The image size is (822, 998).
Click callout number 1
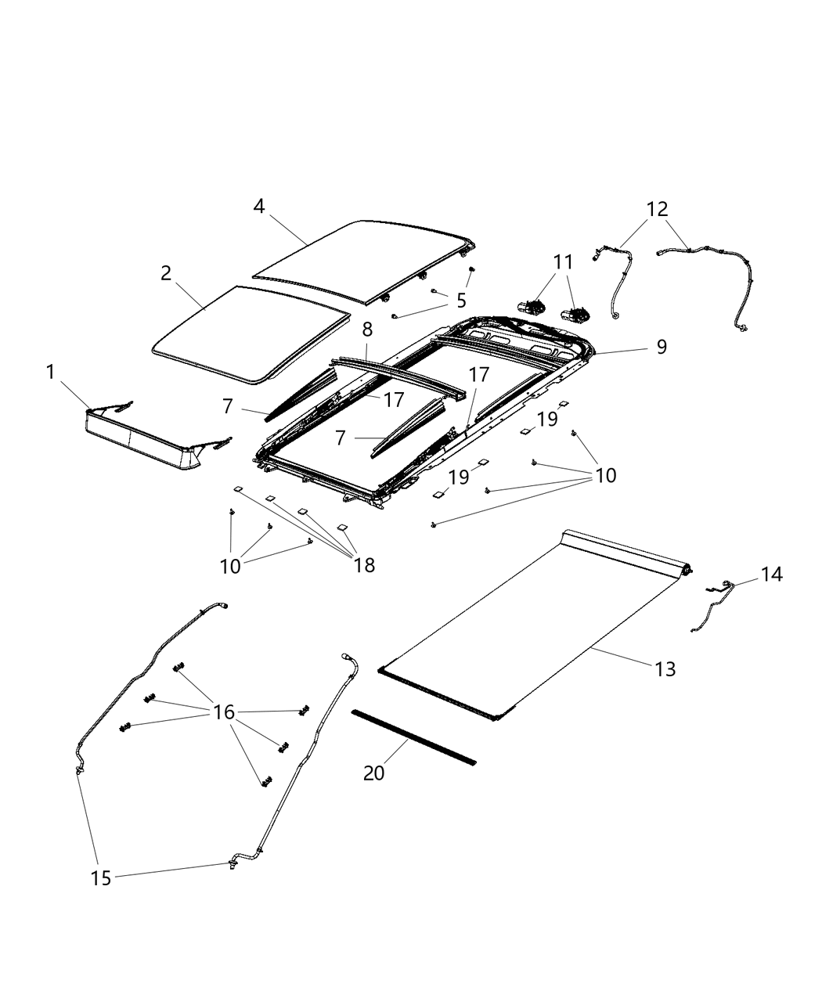click(51, 373)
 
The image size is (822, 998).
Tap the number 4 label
click(259, 206)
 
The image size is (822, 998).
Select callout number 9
click(662, 347)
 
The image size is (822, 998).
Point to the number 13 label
click(665, 669)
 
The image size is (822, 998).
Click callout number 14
click(771, 575)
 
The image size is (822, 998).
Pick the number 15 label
click(101, 878)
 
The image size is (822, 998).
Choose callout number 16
click(224, 712)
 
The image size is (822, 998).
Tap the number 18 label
click(365, 565)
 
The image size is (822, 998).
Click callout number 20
click(374, 773)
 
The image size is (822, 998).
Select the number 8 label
click(367, 330)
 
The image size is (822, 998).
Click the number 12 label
click(658, 209)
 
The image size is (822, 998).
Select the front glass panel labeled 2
click(251, 333)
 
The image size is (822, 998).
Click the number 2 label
click(166, 273)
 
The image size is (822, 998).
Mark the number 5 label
click(461, 300)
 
